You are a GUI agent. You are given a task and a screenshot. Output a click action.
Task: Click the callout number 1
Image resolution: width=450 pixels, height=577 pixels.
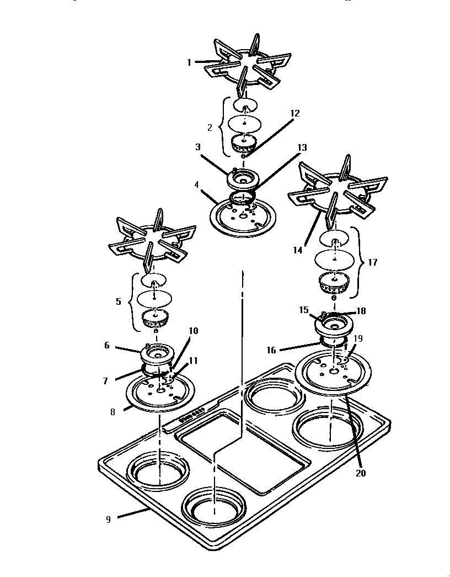(x=189, y=62)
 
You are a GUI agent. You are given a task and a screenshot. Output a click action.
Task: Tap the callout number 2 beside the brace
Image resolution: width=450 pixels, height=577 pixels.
(x=210, y=127)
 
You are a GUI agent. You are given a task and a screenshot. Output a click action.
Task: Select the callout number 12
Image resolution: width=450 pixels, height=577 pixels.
(x=295, y=113)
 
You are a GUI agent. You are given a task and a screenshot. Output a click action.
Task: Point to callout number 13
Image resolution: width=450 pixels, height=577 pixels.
(x=302, y=147)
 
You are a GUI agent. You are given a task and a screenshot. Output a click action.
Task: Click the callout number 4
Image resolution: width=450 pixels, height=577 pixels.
(x=197, y=184)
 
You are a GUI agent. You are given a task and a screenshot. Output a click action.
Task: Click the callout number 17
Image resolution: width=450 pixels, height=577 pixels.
(x=372, y=262)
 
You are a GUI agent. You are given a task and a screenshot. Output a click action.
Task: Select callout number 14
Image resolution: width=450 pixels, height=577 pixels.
(x=298, y=250)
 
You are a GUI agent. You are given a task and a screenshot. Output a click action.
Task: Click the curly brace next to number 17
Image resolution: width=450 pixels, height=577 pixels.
(x=358, y=262)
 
